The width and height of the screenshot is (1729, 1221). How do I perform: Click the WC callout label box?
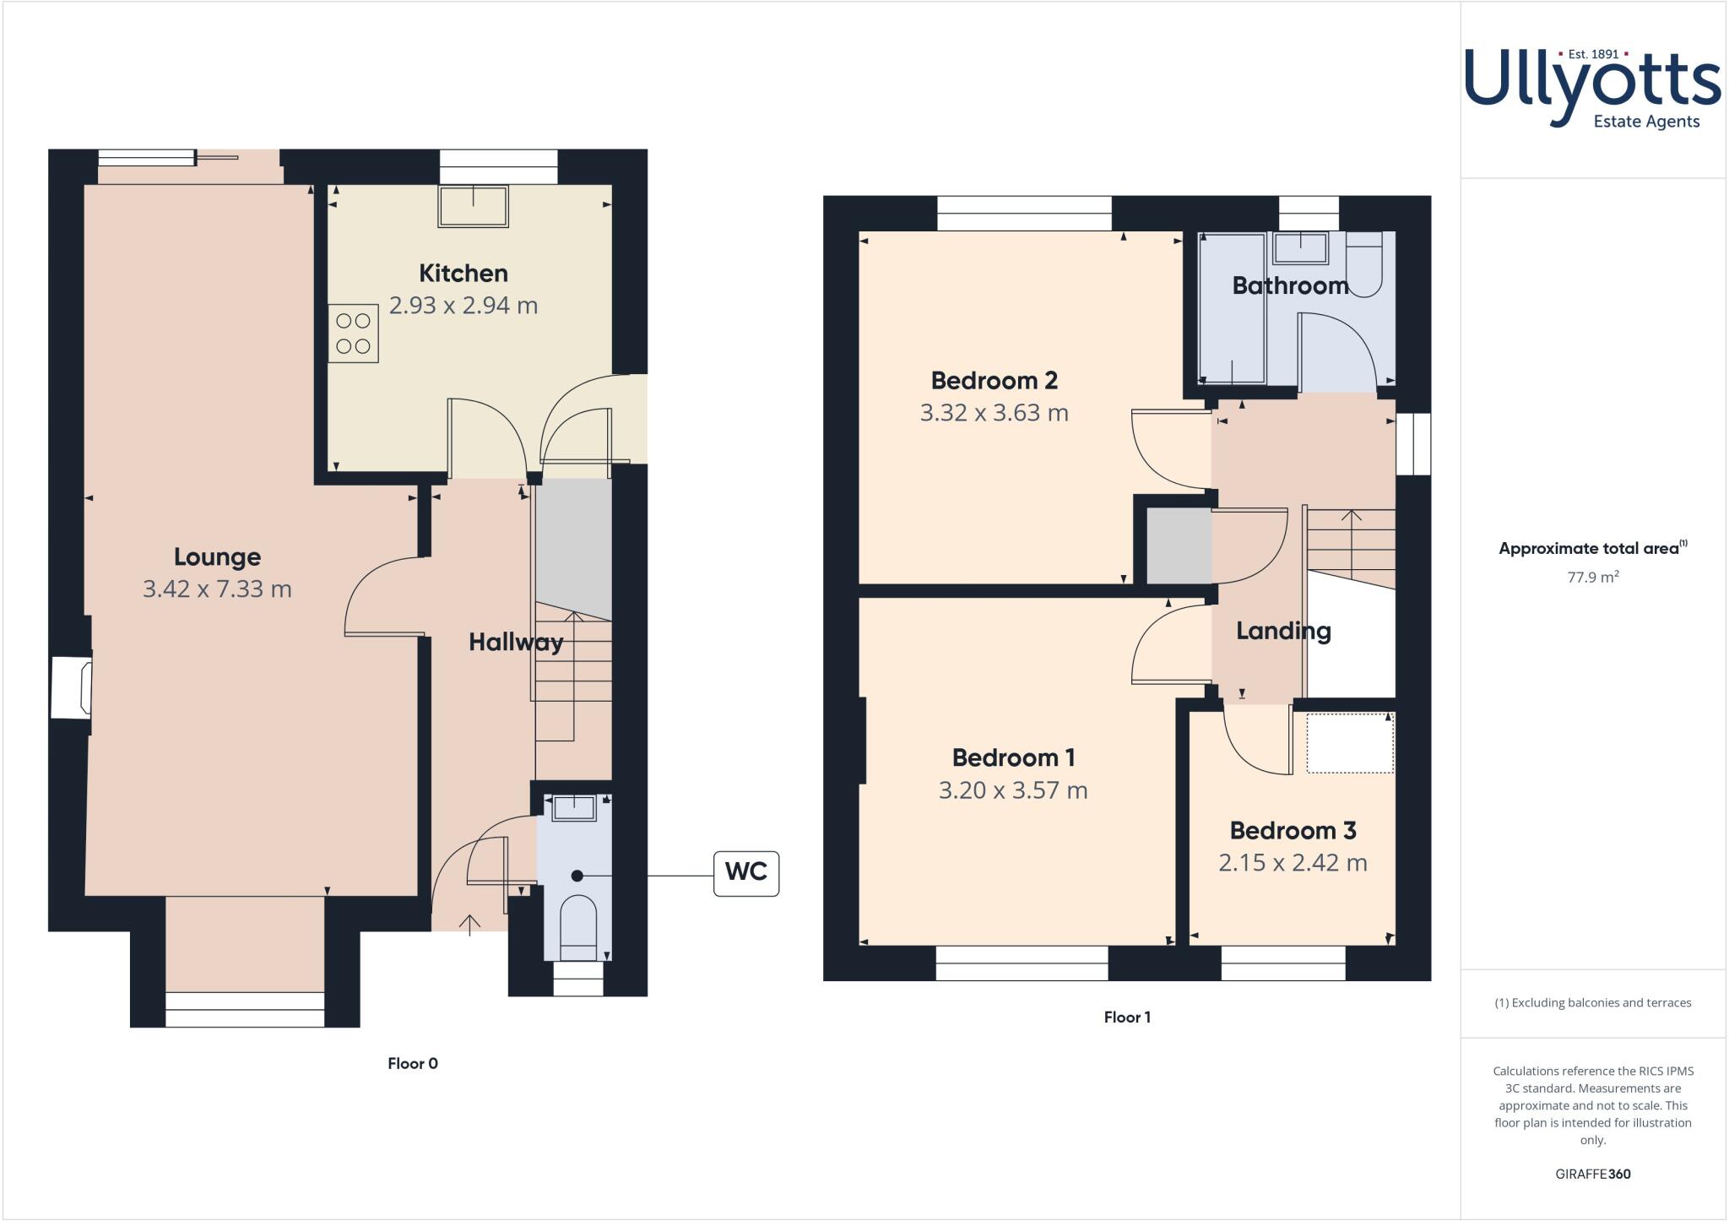coord(745,873)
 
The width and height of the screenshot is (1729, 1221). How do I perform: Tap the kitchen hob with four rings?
coord(353,334)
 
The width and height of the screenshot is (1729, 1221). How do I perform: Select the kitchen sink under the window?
coord(473,206)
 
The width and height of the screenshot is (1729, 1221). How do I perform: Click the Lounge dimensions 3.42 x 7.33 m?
coord(217,589)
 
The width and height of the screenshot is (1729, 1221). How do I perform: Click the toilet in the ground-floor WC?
coord(577,927)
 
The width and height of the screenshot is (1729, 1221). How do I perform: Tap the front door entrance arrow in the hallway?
coord(469,924)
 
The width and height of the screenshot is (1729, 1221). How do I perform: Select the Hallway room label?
coord(515,643)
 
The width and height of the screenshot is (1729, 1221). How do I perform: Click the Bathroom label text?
coord(1289,285)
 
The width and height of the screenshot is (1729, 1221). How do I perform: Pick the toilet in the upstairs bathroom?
coord(1363,264)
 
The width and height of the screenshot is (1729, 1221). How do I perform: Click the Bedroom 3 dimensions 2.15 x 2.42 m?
coord(1292,863)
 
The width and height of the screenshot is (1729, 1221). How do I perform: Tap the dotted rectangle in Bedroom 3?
coord(1349,743)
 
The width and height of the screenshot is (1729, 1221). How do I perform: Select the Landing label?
coord(1282,631)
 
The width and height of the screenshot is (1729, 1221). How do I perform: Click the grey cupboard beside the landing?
coord(1178,545)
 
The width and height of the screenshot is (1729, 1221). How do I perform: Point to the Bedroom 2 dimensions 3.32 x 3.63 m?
coord(994,413)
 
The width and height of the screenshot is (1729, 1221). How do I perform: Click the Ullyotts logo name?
coord(1591,86)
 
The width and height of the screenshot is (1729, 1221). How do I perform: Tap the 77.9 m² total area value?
coord(1592,578)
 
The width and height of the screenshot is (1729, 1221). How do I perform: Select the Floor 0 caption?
coord(412,1063)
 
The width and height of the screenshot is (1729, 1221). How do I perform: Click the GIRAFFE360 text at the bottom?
coord(1592,1174)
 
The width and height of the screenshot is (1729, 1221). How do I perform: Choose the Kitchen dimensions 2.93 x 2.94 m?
coord(463,306)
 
